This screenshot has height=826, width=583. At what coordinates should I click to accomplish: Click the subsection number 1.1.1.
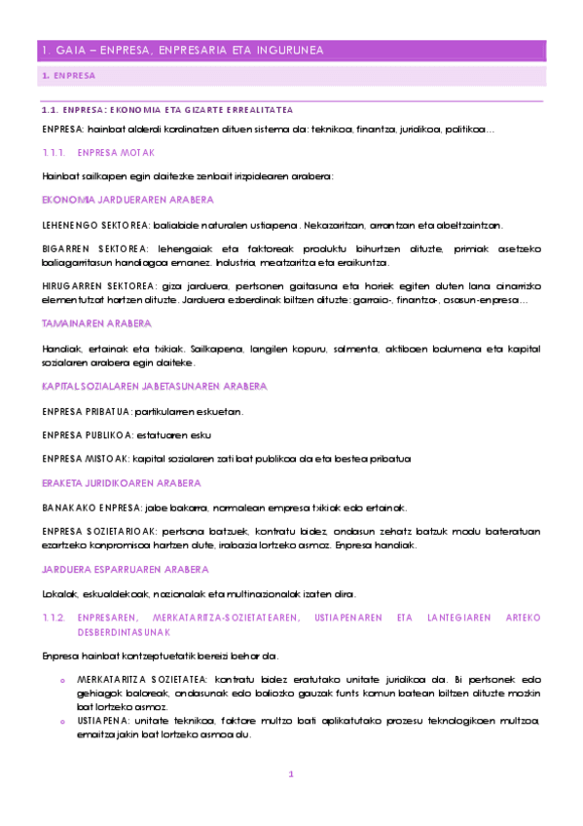[54, 153]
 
